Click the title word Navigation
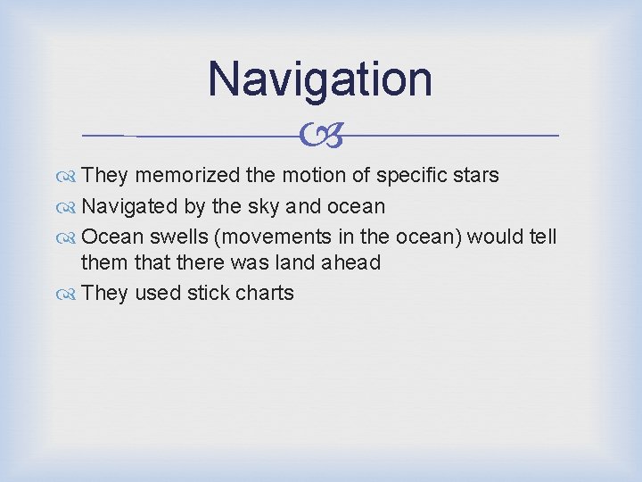point(320,79)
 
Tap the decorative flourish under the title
point(320,136)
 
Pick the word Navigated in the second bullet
point(129,206)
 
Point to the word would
point(494,237)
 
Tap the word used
point(157,294)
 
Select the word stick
point(208,294)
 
